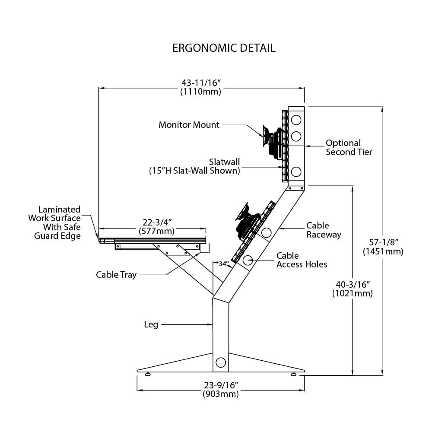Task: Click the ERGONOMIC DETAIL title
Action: [224, 48]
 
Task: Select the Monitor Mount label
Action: [189, 125]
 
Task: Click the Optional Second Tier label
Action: [349, 147]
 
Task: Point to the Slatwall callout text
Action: [194, 166]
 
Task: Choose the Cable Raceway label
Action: [324, 230]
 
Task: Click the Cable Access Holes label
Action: [302, 260]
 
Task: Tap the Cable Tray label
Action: [116, 275]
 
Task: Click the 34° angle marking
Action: [223, 264]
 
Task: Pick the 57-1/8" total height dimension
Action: [383, 247]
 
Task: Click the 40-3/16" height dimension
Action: [352, 288]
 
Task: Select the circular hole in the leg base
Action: [220, 362]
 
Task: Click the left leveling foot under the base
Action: [148, 374]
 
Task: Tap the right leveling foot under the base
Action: [294, 374]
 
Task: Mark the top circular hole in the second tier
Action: [296, 119]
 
